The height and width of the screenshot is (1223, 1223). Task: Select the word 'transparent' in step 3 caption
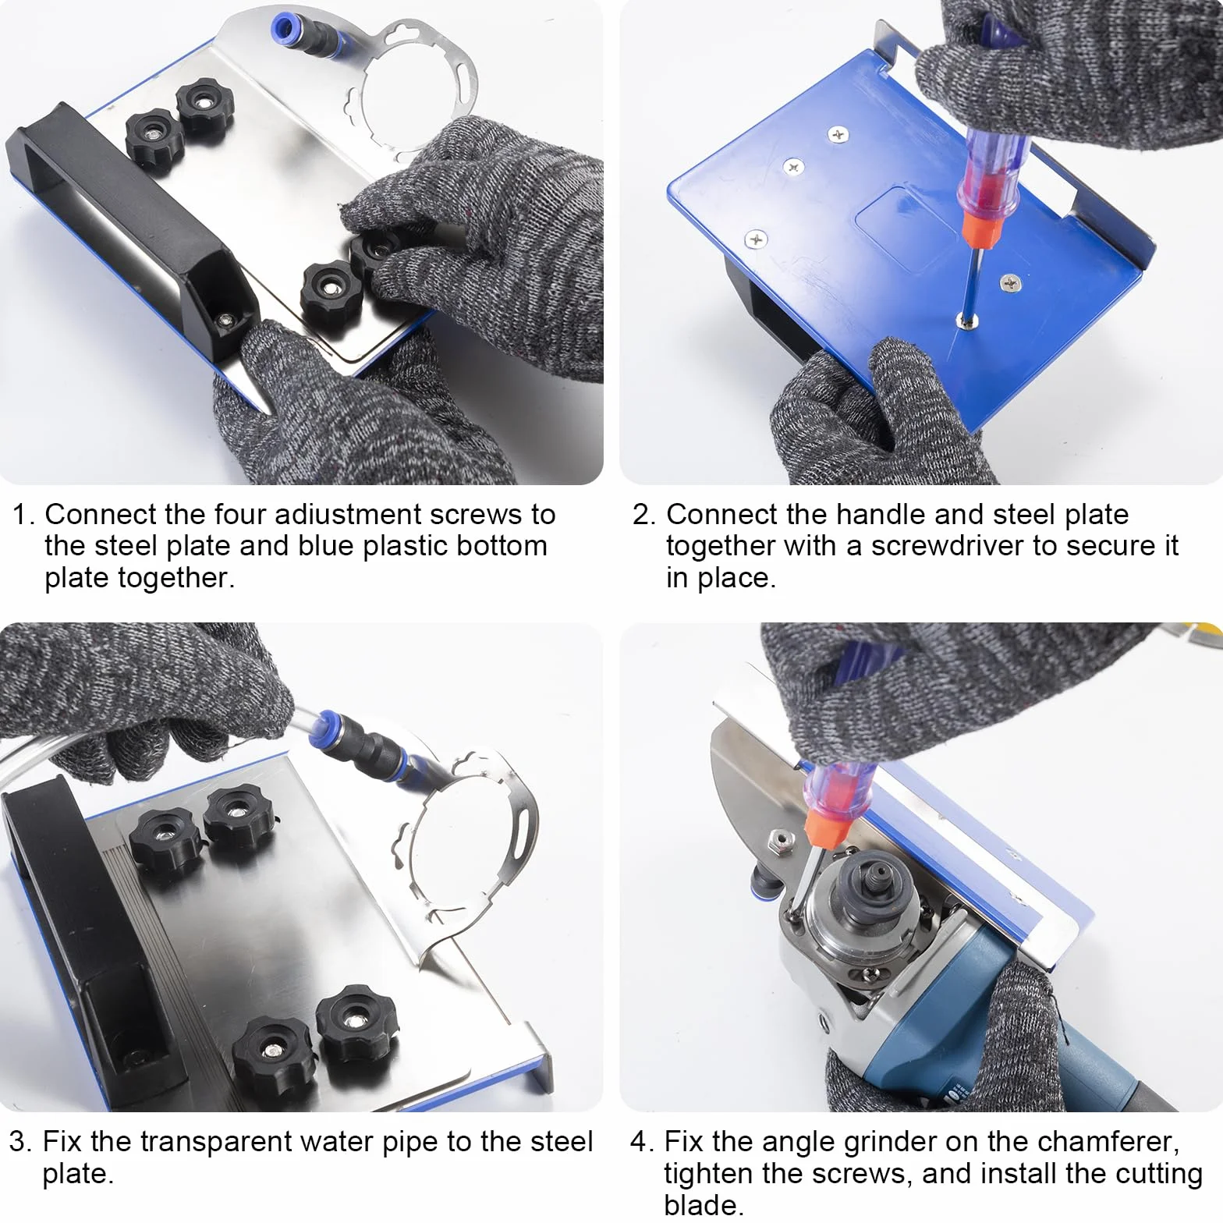[216, 1142]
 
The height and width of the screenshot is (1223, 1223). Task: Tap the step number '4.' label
[642, 1142]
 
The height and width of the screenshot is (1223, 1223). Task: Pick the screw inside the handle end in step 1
[226, 321]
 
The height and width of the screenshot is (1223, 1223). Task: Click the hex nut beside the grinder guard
[777, 839]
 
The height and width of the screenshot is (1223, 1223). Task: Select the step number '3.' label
[20, 1142]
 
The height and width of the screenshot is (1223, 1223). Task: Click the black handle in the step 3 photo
[97, 936]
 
